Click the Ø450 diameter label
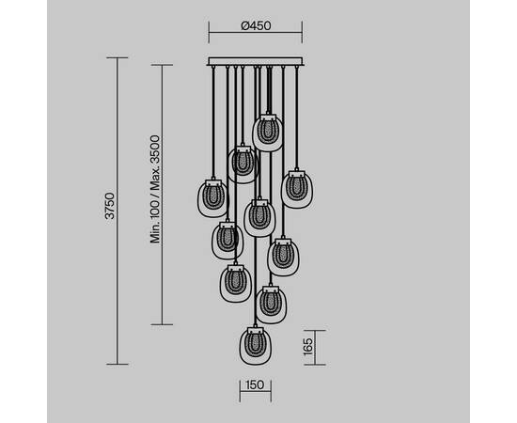click(256, 25)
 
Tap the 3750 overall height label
click(110, 206)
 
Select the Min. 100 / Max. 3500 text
click(155, 189)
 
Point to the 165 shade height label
click(307, 347)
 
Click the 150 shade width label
click(255, 384)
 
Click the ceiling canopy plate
click(256, 61)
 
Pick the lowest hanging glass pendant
click(256, 346)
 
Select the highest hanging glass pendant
click(268, 133)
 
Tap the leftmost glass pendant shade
click(213, 198)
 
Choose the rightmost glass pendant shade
click(297, 189)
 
